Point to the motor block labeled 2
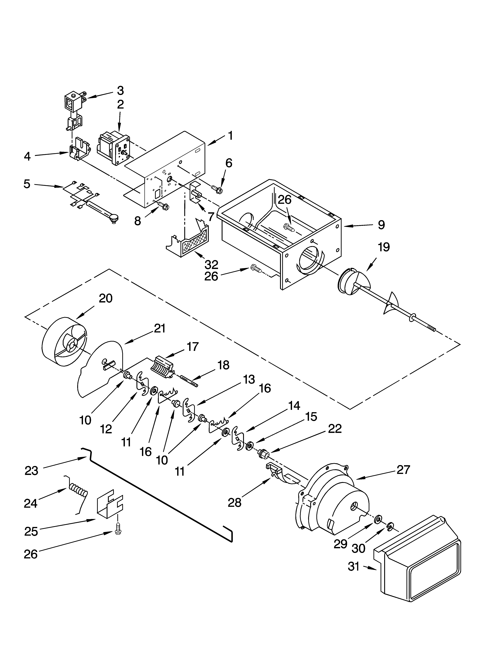pyautogui.click(x=114, y=148)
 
